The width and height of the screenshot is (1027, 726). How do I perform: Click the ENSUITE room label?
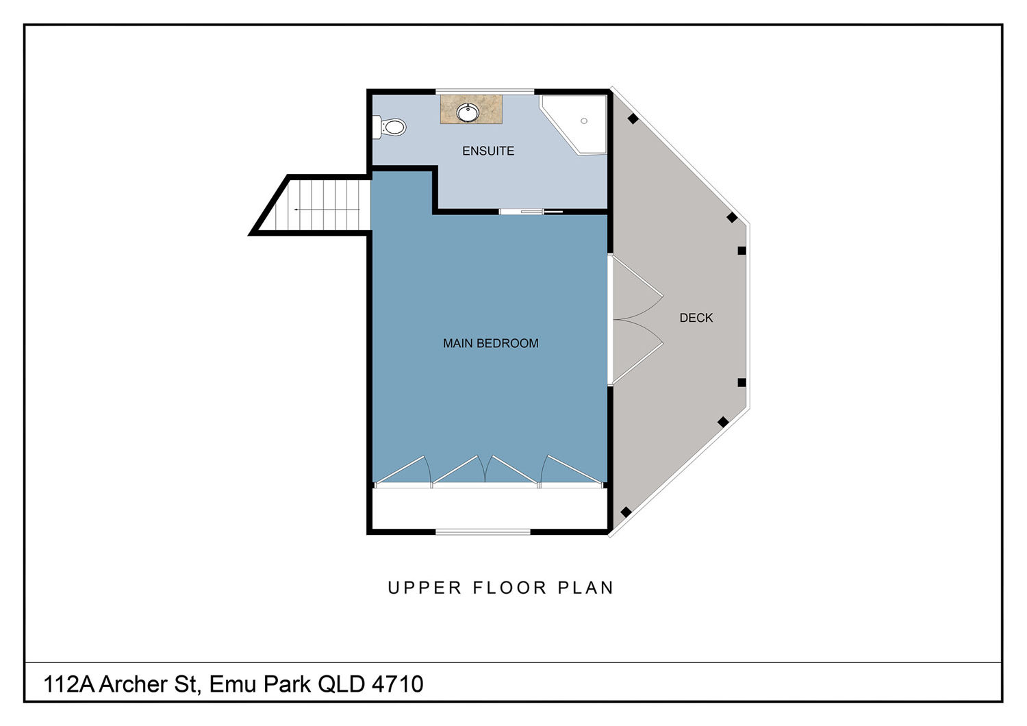(x=487, y=151)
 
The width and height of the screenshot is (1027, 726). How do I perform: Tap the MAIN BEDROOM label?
(x=491, y=343)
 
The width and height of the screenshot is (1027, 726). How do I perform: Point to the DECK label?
(x=696, y=318)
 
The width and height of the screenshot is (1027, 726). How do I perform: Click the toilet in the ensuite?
(x=390, y=127)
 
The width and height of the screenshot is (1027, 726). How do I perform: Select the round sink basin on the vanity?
(x=468, y=113)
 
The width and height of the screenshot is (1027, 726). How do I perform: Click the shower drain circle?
(x=583, y=121)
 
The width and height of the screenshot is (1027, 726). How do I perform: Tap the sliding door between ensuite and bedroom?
(x=531, y=212)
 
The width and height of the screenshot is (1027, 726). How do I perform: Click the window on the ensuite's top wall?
(x=485, y=92)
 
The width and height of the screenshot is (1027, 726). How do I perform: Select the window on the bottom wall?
(x=483, y=531)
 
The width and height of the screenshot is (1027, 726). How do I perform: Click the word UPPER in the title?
(x=424, y=588)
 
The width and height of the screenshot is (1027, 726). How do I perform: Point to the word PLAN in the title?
(x=585, y=588)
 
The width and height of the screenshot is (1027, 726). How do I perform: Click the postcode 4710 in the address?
(x=398, y=684)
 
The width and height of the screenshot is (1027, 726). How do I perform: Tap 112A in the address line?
(x=68, y=684)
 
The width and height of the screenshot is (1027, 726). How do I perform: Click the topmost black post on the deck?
(x=633, y=118)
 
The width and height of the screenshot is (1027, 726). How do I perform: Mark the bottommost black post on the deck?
(x=625, y=512)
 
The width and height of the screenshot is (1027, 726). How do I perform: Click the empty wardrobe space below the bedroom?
(x=490, y=508)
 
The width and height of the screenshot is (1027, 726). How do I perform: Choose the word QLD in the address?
(x=341, y=684)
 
